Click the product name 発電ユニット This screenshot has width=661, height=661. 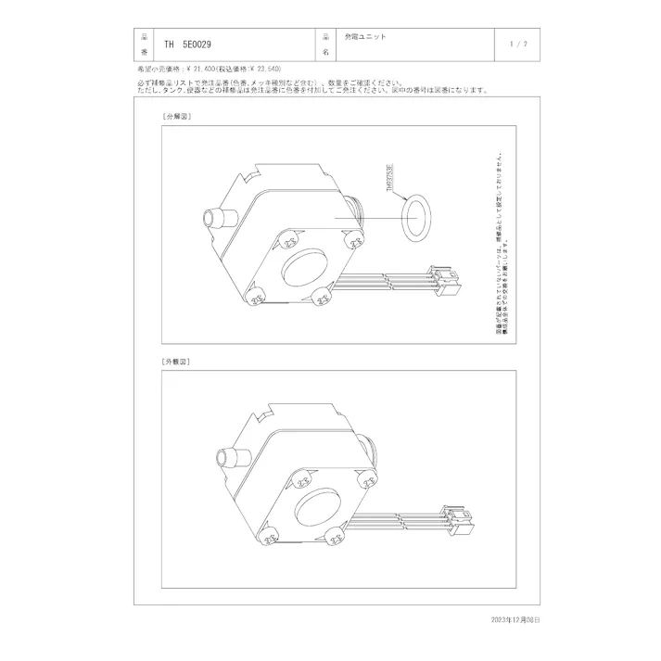364,38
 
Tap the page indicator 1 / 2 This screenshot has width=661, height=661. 519,44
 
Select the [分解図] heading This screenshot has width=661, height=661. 175,118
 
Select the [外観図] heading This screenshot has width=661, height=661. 175,362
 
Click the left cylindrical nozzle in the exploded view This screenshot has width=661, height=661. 219,220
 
